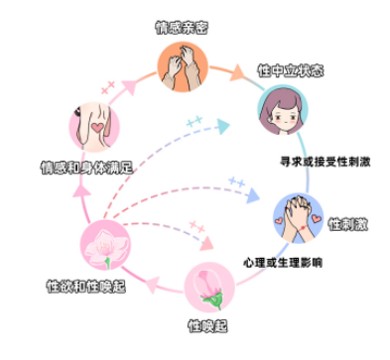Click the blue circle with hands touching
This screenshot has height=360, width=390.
299,214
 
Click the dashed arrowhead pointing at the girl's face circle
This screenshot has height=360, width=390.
223,128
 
